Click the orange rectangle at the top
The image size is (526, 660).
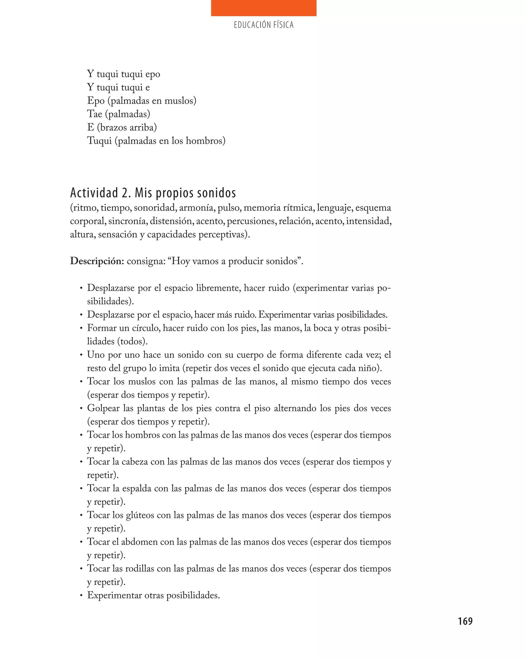[263, 8]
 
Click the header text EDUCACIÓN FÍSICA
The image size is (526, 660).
[263, 25]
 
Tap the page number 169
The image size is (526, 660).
[465, 621]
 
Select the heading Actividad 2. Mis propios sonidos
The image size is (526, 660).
[153, 193]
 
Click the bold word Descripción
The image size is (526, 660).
[97, 261]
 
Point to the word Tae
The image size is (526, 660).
[95, 114]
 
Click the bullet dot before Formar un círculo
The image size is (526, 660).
[81, 328]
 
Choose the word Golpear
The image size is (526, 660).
[103, 408]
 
